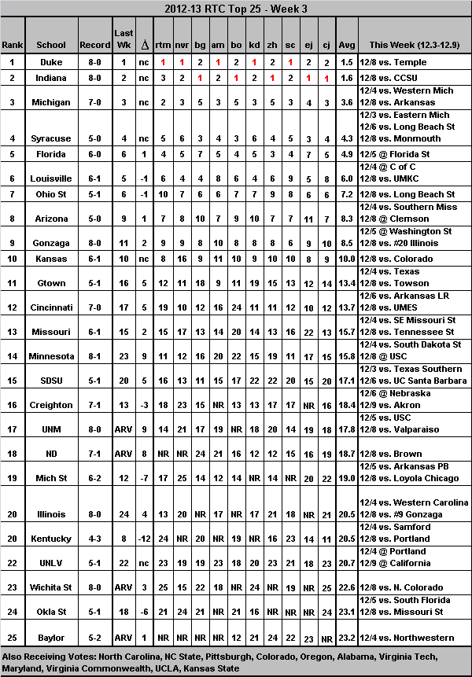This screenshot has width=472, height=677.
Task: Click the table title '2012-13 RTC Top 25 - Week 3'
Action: tap(235, 9)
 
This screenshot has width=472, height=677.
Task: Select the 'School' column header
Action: tap(73, 45)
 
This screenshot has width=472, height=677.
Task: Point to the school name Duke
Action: tap(73, 62)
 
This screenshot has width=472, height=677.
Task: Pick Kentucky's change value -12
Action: tap(143, 539)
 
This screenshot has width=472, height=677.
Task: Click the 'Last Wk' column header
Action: tap(124, 39)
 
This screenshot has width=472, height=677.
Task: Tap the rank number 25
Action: tap(13, 638)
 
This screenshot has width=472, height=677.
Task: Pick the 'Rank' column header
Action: tap(13, 45)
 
